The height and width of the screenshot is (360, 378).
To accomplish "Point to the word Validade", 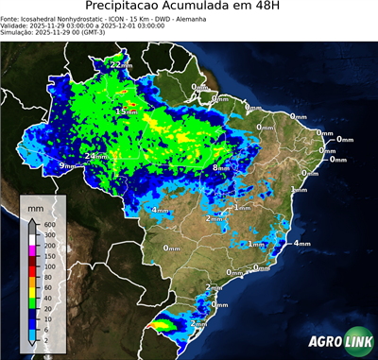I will coord(16,28).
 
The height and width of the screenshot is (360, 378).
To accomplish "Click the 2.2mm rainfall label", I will coord(121,64).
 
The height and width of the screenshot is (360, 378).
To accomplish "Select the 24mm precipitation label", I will coord(95,156).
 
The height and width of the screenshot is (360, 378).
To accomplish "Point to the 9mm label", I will coord(67,166).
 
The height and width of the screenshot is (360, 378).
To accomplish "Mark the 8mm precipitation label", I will coord(221,167).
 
